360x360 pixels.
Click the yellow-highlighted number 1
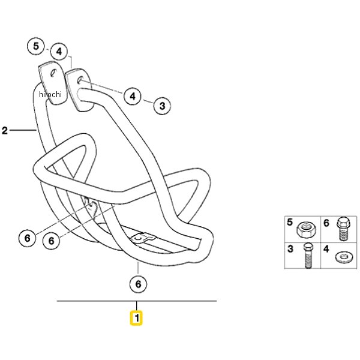(x=136, y=318)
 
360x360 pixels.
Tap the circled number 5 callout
(x=36, y=46)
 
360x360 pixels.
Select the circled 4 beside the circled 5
(x=59, y=52)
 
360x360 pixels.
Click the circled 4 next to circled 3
(x=133, y=96)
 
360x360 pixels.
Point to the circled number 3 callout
(x=163, y=106)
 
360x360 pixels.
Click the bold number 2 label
(x=5, y=130)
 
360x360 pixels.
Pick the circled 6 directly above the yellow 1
(x=138, y=284)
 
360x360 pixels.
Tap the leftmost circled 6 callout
(x=28, y=238)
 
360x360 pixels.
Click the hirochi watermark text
(x=50, y=94)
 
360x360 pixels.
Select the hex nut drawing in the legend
(x=307, y=230)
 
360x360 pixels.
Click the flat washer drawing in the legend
(x=343, y=257)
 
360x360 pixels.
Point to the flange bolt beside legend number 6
(x=343, y=229)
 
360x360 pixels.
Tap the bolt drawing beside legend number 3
(x=308, y=256)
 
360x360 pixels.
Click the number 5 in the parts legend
(x=290, y=222)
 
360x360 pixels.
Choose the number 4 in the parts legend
(x=326, y=249)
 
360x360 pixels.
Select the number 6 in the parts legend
(x=326, y=223)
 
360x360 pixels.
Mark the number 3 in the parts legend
(x=290, y=249)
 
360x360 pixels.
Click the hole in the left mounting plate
(x=53, y=73)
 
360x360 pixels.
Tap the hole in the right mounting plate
(x=79, y=80)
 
